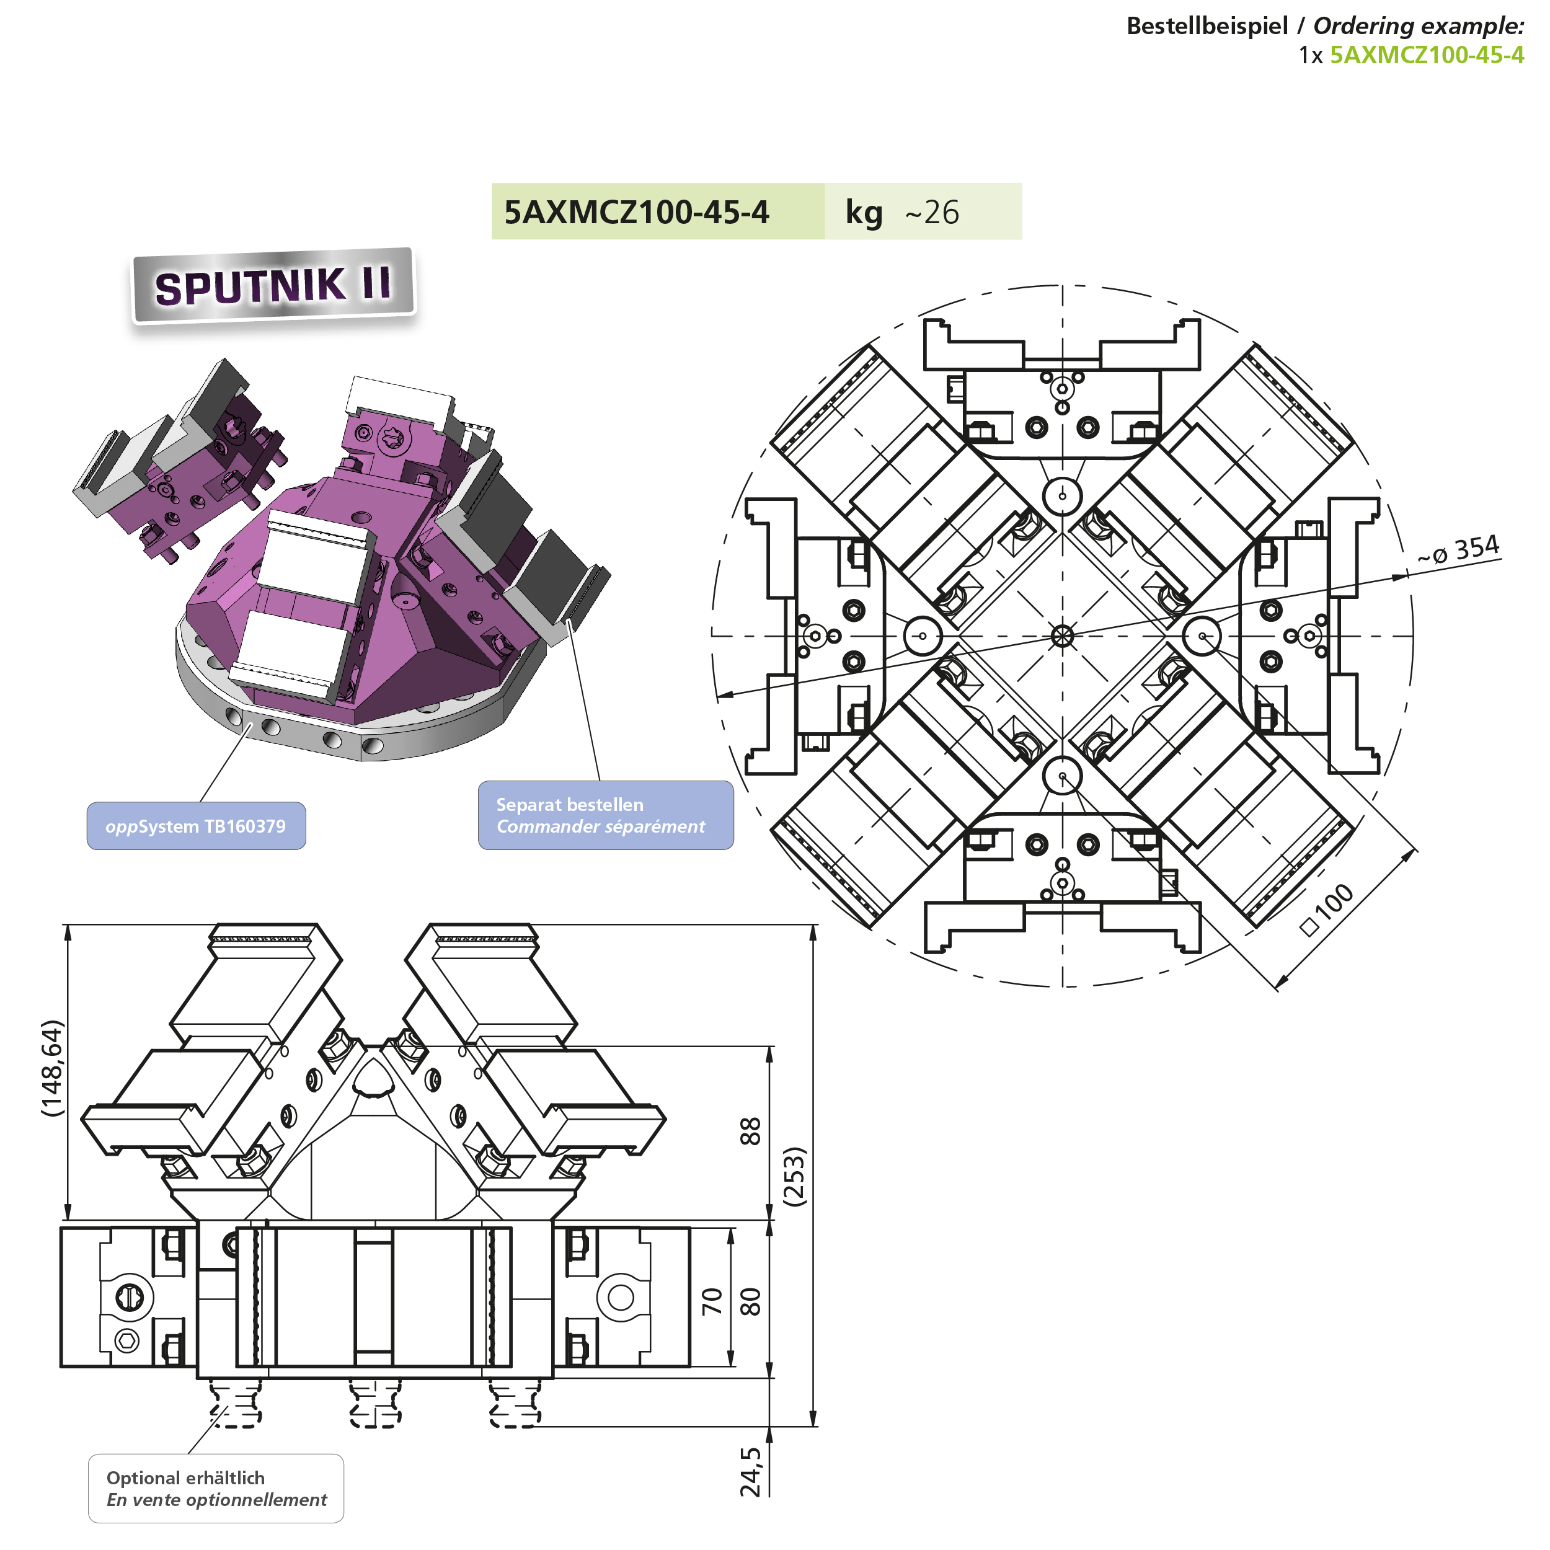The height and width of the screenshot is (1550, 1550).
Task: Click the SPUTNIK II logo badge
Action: pyautogui.click(x=273, y=286)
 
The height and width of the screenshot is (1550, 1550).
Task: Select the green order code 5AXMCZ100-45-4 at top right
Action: pyautogui.click(x=1427, y=55)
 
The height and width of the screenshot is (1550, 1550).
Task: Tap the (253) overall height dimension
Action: pyautogui.click(x=794, y=1176)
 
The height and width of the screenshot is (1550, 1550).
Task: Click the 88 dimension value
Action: pyautogui.click(x=750, y=1131)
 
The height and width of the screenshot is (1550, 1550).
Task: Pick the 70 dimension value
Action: pyautogui.click(x=712, y=1301)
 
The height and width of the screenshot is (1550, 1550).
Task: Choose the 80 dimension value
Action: pyautogui.click(x=750, y=1301)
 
